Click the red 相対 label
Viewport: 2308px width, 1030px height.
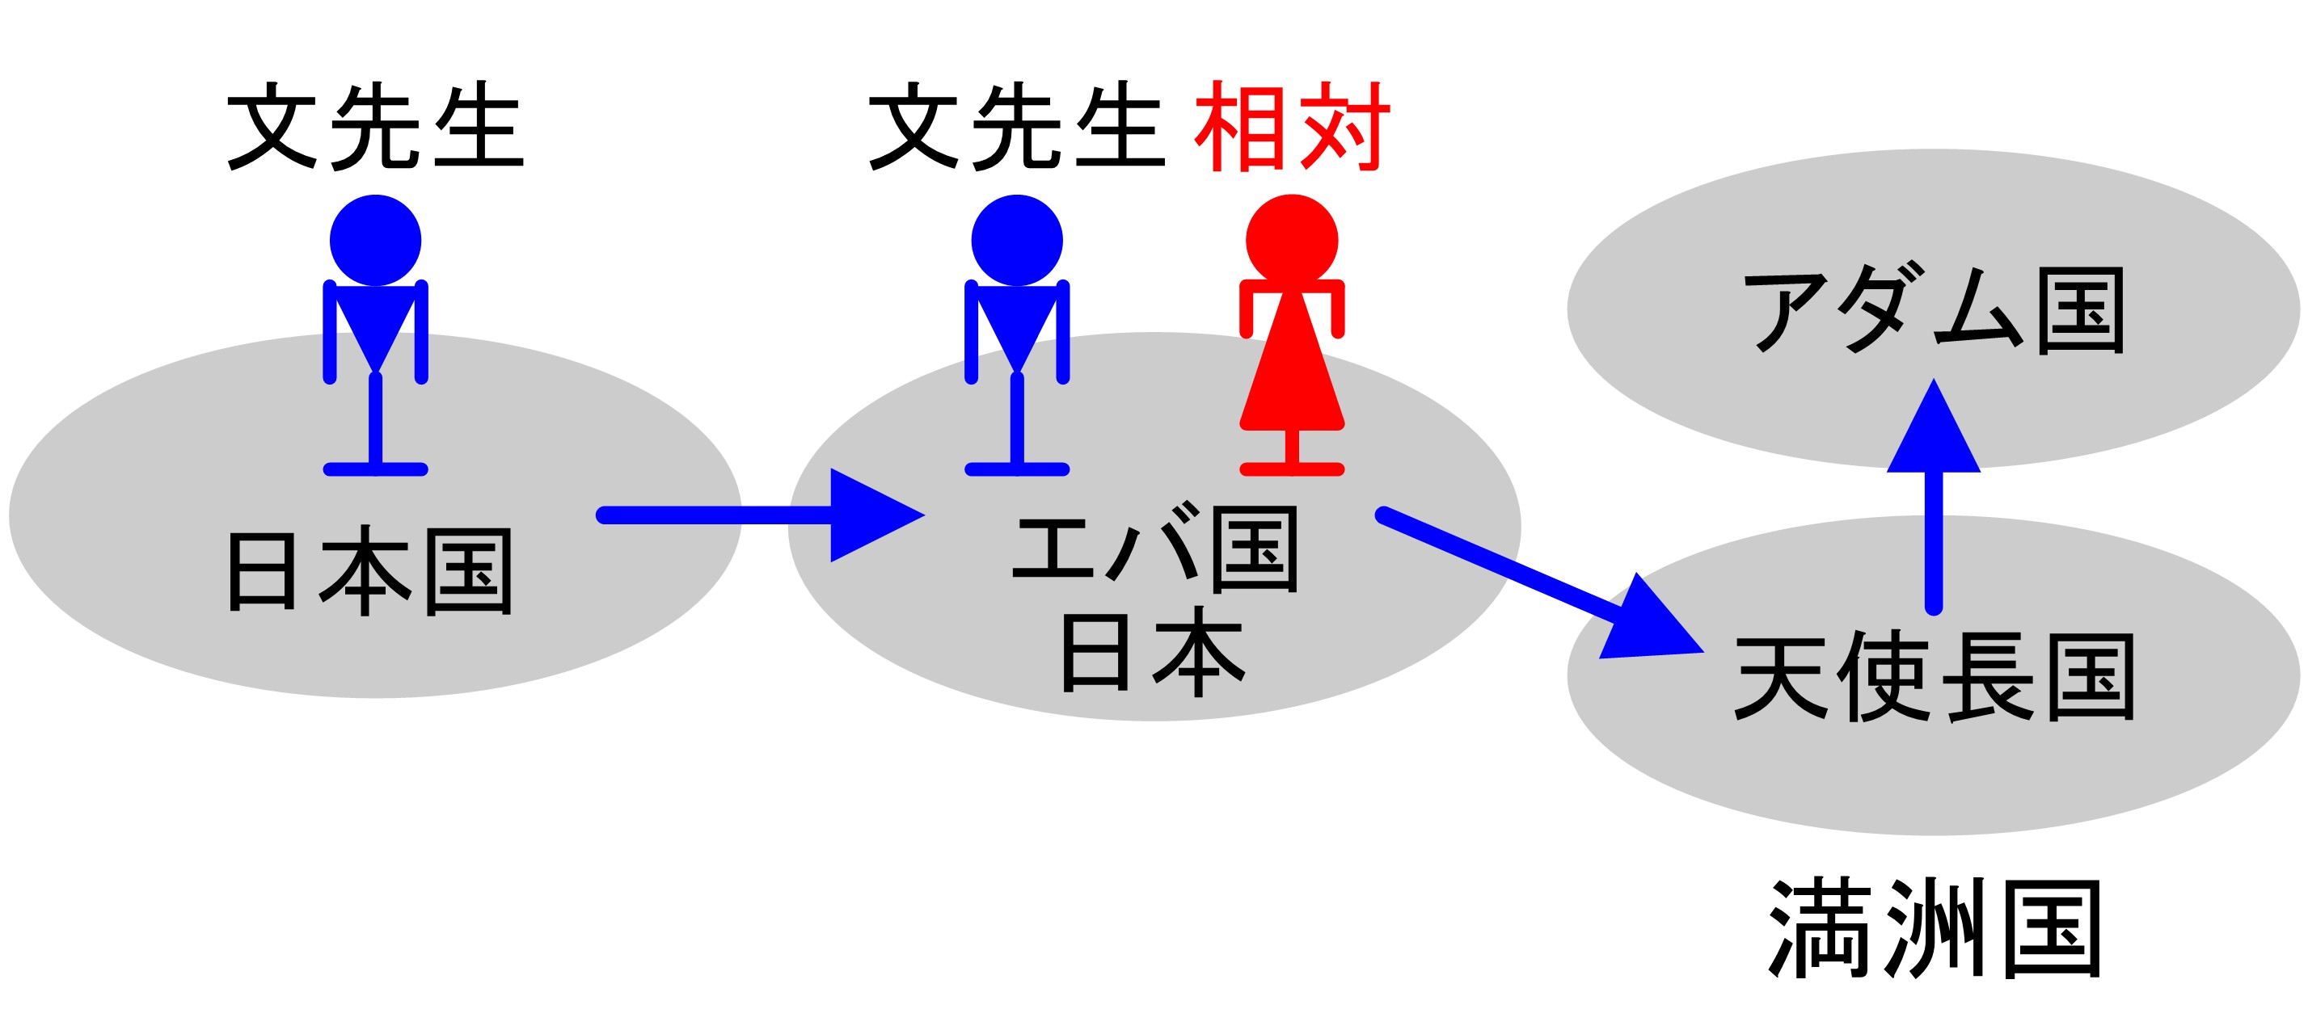pyautogui.click(x=1291, y=126)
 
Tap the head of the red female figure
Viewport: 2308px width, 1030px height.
pyautogui.click(x=1291, y=240)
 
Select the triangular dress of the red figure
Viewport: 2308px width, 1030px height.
pyautogui.click(x=1291, y=368)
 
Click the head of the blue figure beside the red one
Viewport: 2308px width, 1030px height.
pyautogui.click(x=1017, y=240)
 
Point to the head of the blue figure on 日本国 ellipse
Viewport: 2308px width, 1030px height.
pyautogui.click(x=375, y=240)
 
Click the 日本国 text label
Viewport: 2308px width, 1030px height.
pyautogui.click(x=370, y=571)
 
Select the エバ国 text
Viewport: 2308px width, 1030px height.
pyautogui.click(x=1155, y=549)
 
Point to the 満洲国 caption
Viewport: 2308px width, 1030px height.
pyautogui.click(x=1936, y=930)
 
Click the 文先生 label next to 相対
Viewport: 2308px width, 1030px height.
pyautogui.click(x=1017, y=126)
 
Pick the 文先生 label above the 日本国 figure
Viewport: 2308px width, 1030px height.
pyautogui.click(x=375, y=126)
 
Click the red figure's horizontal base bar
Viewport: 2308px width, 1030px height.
pyautogui.click(x=1291, y=469)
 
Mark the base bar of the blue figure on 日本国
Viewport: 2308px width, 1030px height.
pyautogui.click(x=375, y=469)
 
